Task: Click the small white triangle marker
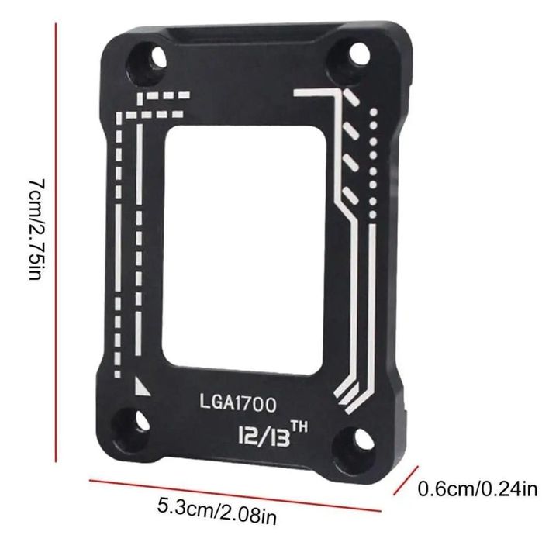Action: click(141, 385)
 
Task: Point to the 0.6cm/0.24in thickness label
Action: click(478, 489)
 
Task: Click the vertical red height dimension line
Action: click(56, 240)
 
